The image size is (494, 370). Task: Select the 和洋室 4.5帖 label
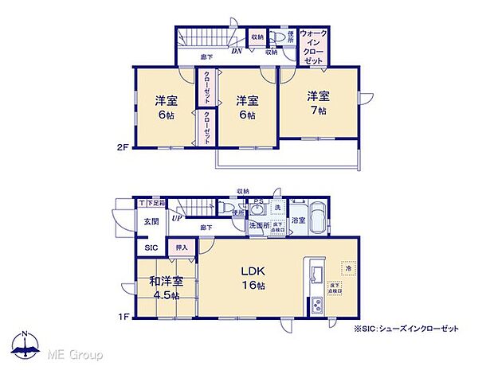coord(166,287)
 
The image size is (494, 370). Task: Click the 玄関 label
coord(151,222)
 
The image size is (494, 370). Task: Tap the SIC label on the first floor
coord(151,247)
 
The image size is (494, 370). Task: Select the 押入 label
coord(181,247)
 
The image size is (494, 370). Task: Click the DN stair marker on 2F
coord(237,53)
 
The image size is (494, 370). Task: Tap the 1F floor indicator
coord(123,317)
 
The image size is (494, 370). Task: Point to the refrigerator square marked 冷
coord(347,268)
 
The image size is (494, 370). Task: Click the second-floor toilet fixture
coord(275,37)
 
